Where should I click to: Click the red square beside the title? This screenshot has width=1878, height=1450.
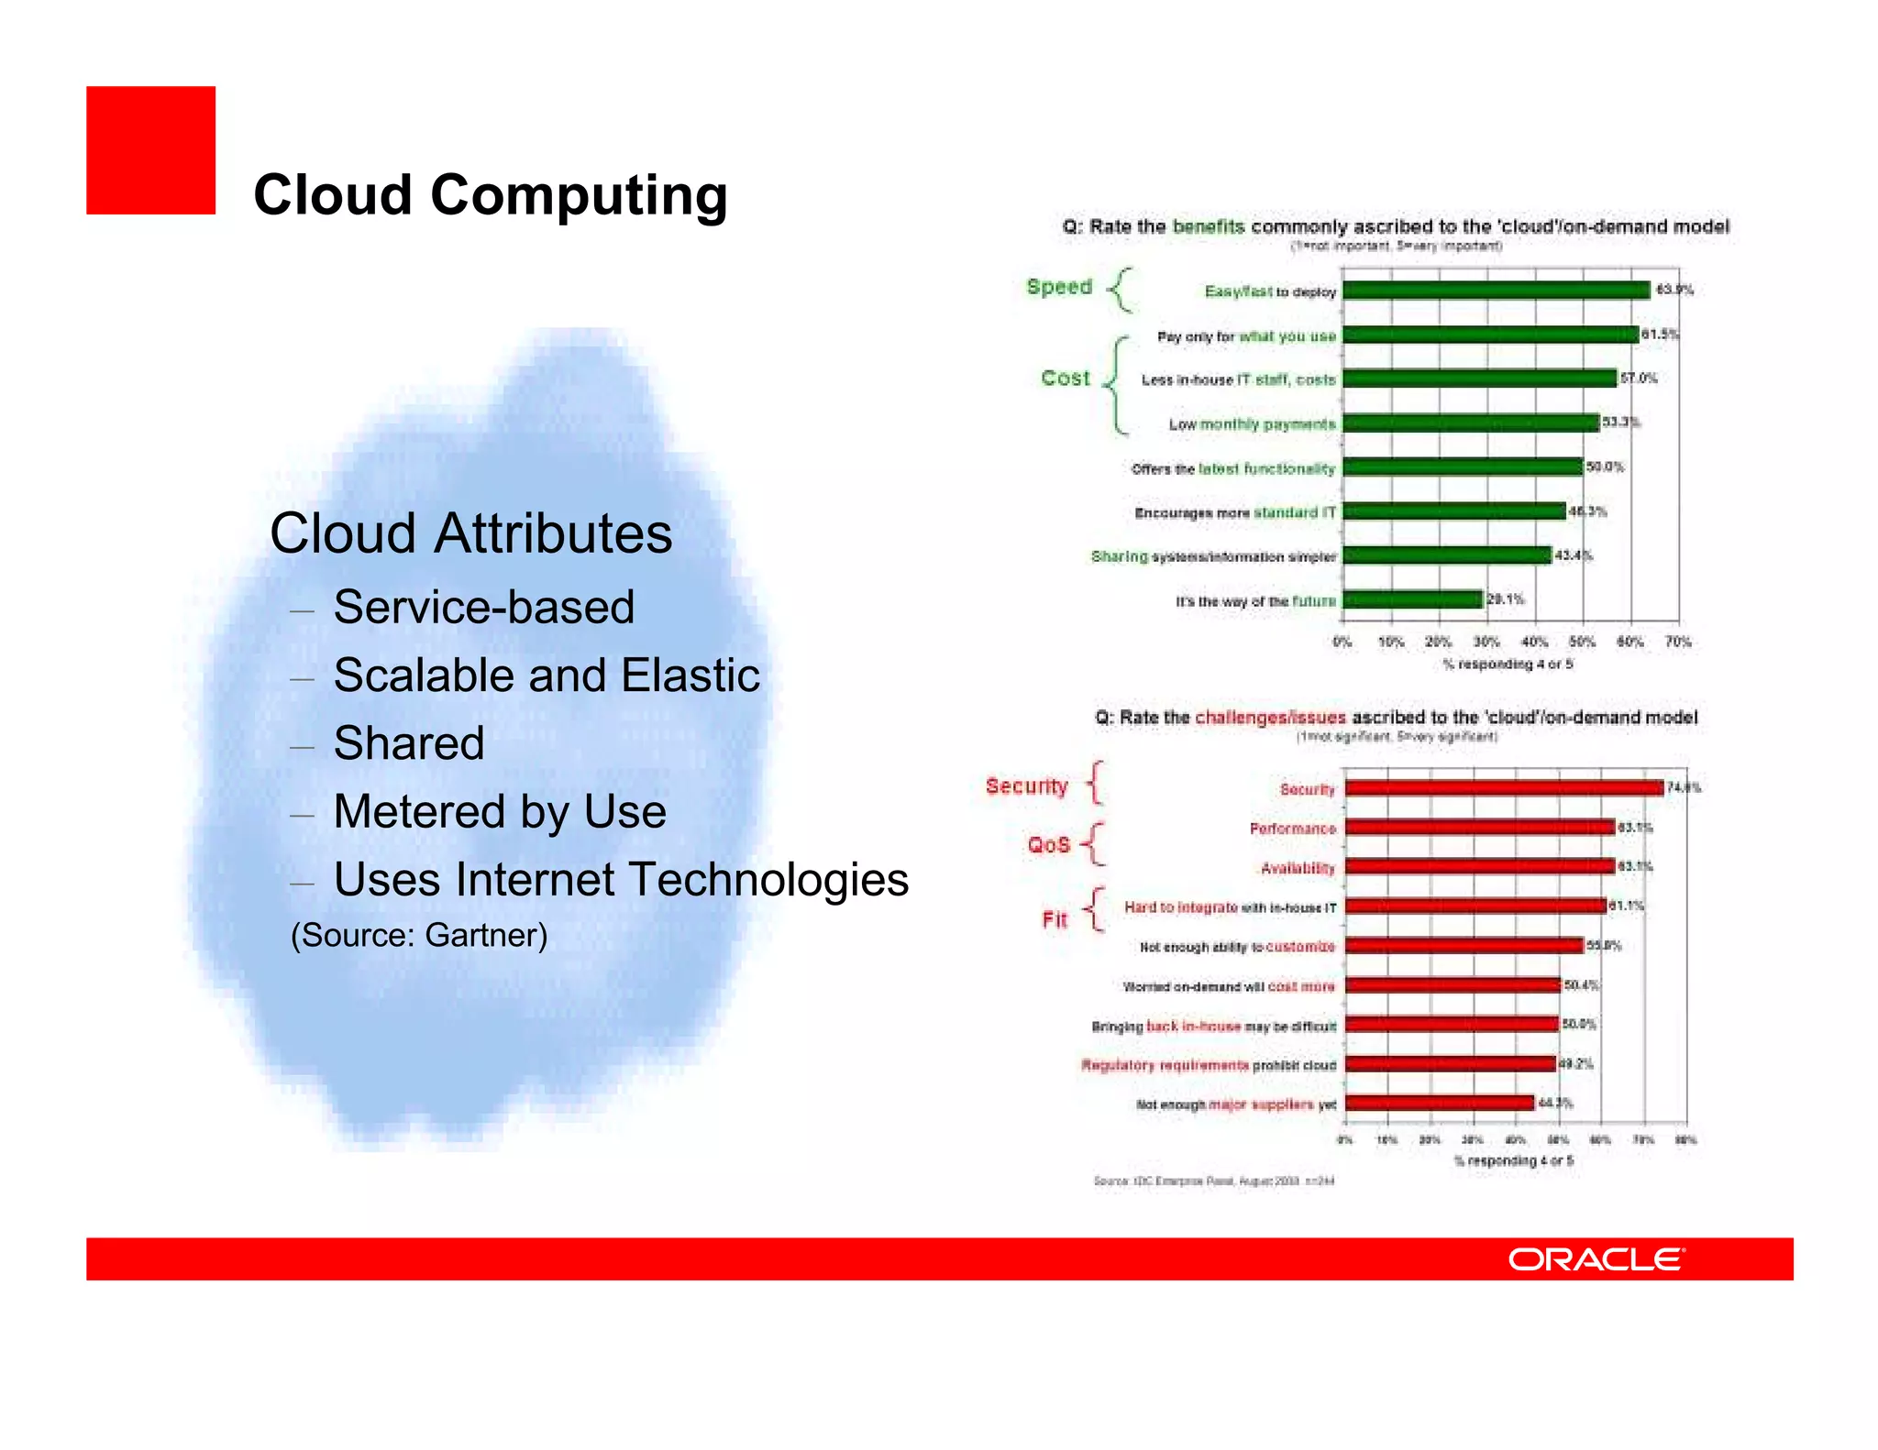click(x=150, y=150)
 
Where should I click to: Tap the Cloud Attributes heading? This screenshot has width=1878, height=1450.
click(x=470, y=533)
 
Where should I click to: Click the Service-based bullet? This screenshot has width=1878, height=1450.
click(x=483, y=607)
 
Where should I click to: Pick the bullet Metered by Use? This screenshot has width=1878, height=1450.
click(x=499, y=811)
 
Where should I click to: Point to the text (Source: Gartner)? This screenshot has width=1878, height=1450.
click(x=419, y=935)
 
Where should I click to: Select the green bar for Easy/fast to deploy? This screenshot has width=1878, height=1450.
click(x=1496, y=291)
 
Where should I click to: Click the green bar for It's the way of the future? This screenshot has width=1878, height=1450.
click(x=1412, y=599)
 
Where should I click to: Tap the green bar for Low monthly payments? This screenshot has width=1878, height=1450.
click(x=1471, y=423)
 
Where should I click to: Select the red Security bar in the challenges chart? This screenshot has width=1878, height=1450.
click(x=1504, y=788)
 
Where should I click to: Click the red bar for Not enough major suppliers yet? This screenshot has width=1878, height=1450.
click(x=1440, y=1103)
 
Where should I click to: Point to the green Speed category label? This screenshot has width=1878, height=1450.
click(x=1059, y=287)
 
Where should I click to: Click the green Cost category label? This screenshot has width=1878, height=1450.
click(x=1065, y=378)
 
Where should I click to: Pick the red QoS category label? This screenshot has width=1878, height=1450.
click(x=1048, y=844)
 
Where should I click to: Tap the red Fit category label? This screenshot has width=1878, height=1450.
click(x=1055, y=919)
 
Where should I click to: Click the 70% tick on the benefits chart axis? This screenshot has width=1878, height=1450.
click(x=1678, y=642)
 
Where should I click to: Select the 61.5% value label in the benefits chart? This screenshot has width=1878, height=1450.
click(x=1660, y=335)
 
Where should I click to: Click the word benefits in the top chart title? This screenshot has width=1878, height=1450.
click(x=1208, y=226)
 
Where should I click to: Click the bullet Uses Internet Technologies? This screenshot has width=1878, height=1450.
click(x=621, y=879)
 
